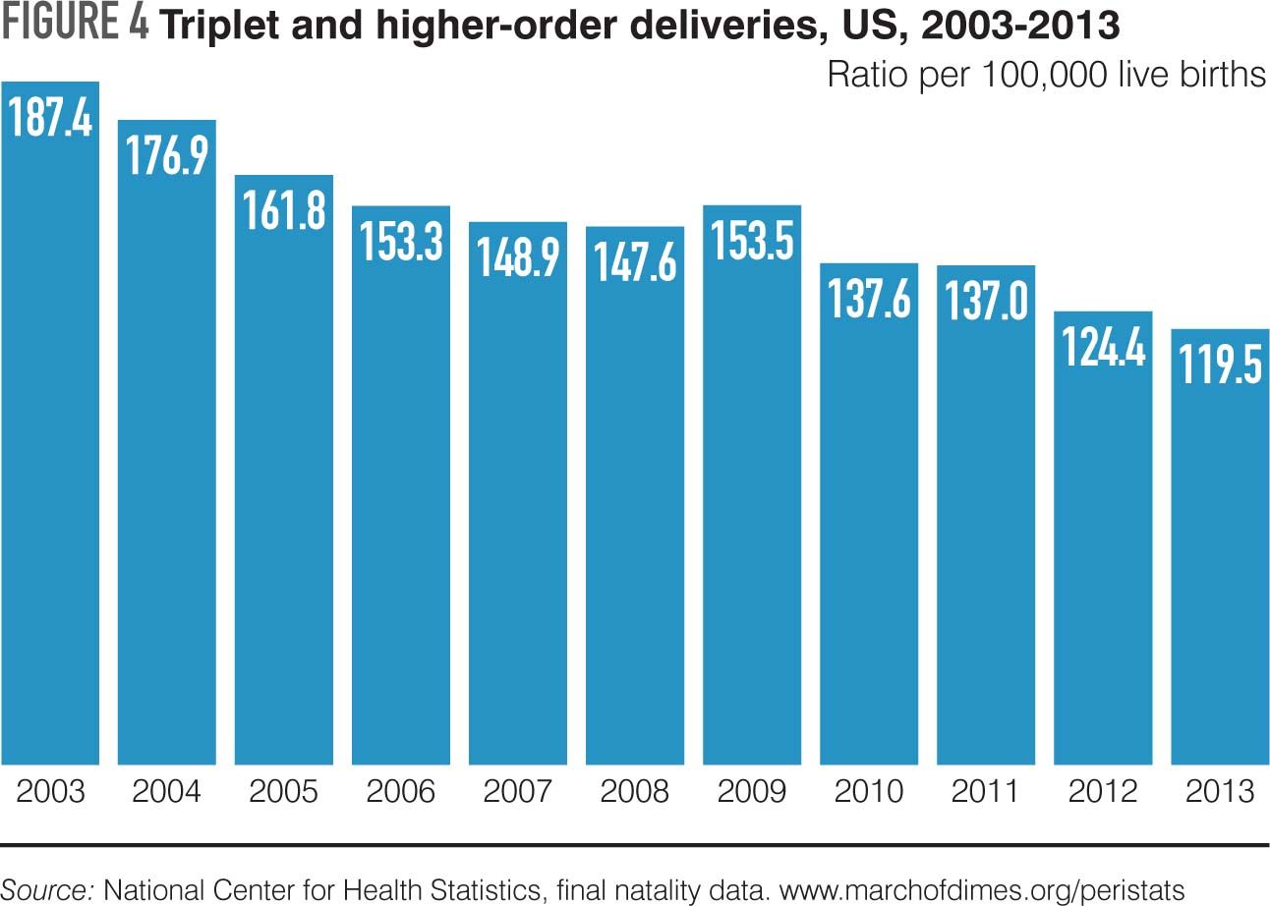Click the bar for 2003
point(50,442)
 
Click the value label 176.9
point(167,154)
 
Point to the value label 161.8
point(284,209)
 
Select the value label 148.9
point(518,257)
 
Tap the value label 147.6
point(635,262)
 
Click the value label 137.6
point(869,299)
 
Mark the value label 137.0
point(986,301)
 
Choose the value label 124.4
point(1103,346)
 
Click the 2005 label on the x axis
point(284,791)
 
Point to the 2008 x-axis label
point(635,791)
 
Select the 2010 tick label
point(869,791)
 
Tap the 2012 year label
point(1103,791)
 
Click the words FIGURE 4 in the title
point(76,26)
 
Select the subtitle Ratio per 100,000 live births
point(1046,75)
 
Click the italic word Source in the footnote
point(49,889)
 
